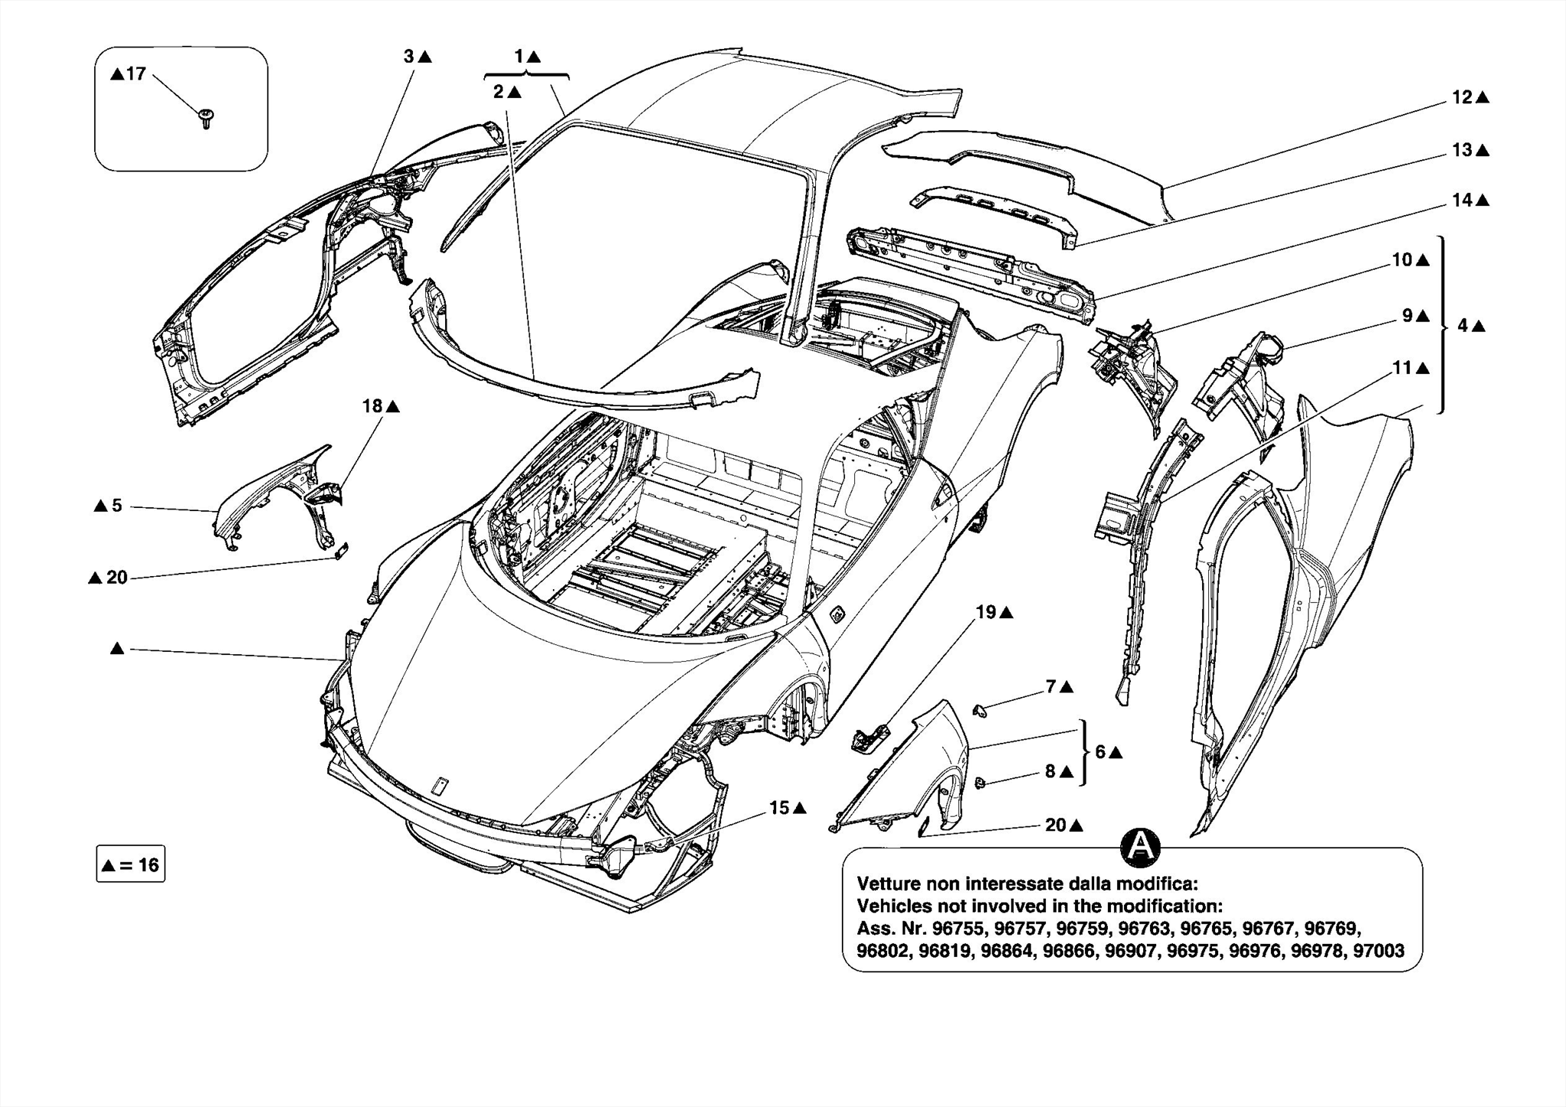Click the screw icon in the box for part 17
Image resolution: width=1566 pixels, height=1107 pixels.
pos(206,117)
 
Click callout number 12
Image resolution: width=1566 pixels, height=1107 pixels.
pos(1462,98)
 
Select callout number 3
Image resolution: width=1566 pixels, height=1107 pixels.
pos(409,57)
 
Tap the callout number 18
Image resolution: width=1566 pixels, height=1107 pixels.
pos(372,406)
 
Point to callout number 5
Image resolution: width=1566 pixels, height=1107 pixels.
pos(117,506)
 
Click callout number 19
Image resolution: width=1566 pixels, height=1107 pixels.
pos(986,612)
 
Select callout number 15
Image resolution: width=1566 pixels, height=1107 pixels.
pos(779,808)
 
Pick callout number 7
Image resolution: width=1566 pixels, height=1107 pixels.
pos(1051,687)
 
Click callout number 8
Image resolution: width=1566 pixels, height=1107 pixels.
pos(1051,772)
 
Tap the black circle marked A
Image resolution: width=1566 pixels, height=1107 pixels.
pos(1139,846)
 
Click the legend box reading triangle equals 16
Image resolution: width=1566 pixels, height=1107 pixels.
pos(131,864)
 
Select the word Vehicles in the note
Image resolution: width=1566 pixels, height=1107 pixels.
pos(889,907)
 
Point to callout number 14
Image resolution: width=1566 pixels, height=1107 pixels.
pos(1462,200)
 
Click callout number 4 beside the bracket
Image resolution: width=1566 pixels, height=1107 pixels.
pos(1462,326)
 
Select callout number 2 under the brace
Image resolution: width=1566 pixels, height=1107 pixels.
pos(499,93)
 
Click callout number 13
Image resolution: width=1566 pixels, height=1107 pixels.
pos(1462,151)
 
